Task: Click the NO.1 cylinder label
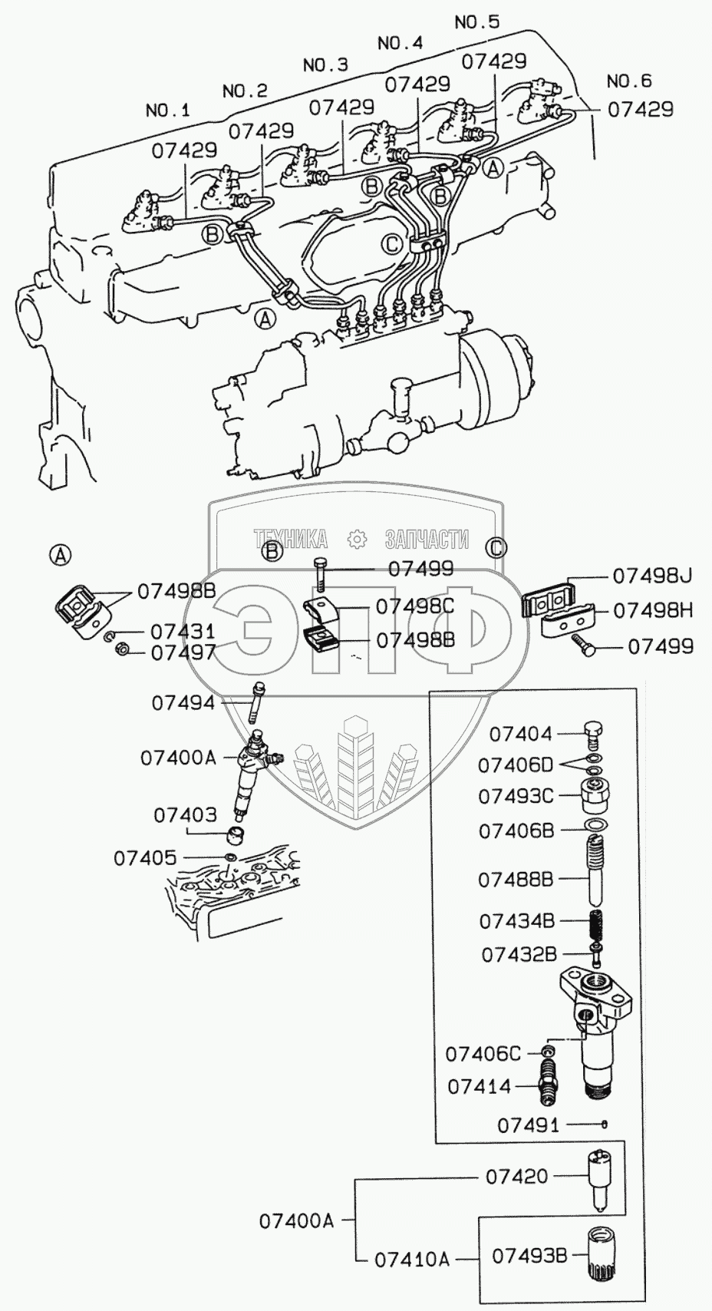click(167, 110)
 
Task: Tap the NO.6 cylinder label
click(629, 81)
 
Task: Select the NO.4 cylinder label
click(400, 43)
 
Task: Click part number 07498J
click(651, 576)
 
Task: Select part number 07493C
click(516, 796)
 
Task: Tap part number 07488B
click(516, 880)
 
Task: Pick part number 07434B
click(516, 920)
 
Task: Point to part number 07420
click(516, 1175)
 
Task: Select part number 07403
click(185, 815)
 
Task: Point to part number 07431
click(183, 632)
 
